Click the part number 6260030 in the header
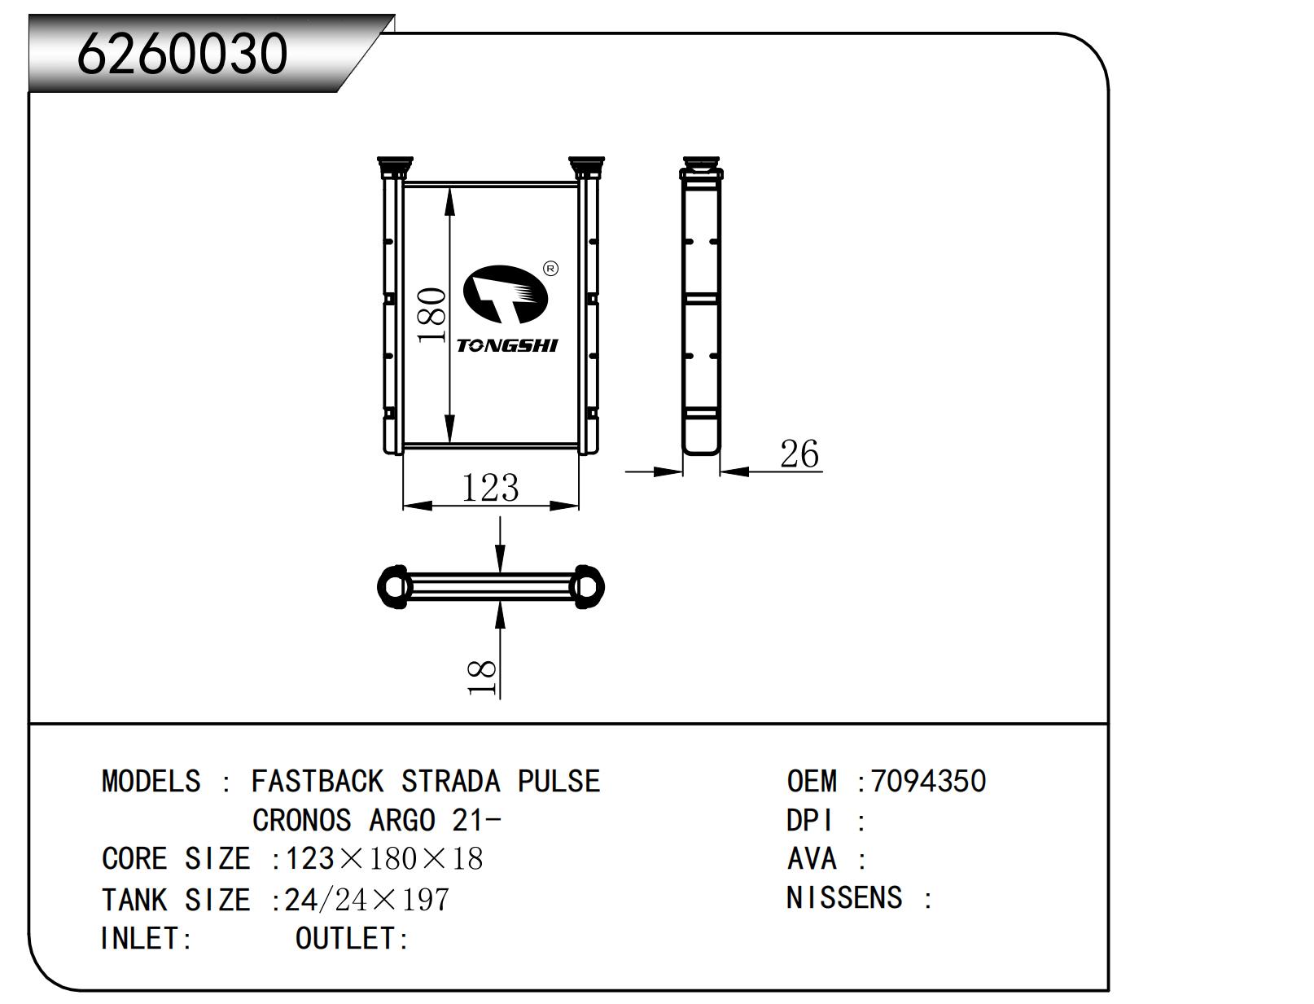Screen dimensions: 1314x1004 (182, 54)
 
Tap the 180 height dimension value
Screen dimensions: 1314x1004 (431, 315)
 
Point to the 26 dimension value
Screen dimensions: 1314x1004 (799, 454)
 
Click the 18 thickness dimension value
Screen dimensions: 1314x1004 (482, 677)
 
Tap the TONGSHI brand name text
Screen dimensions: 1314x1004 (507, 345)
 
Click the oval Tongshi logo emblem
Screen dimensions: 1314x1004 (506, 294)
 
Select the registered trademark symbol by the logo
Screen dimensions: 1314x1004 (550, 269)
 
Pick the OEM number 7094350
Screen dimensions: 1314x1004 (928, 781)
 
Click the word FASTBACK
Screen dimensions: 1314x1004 (318, 781)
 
